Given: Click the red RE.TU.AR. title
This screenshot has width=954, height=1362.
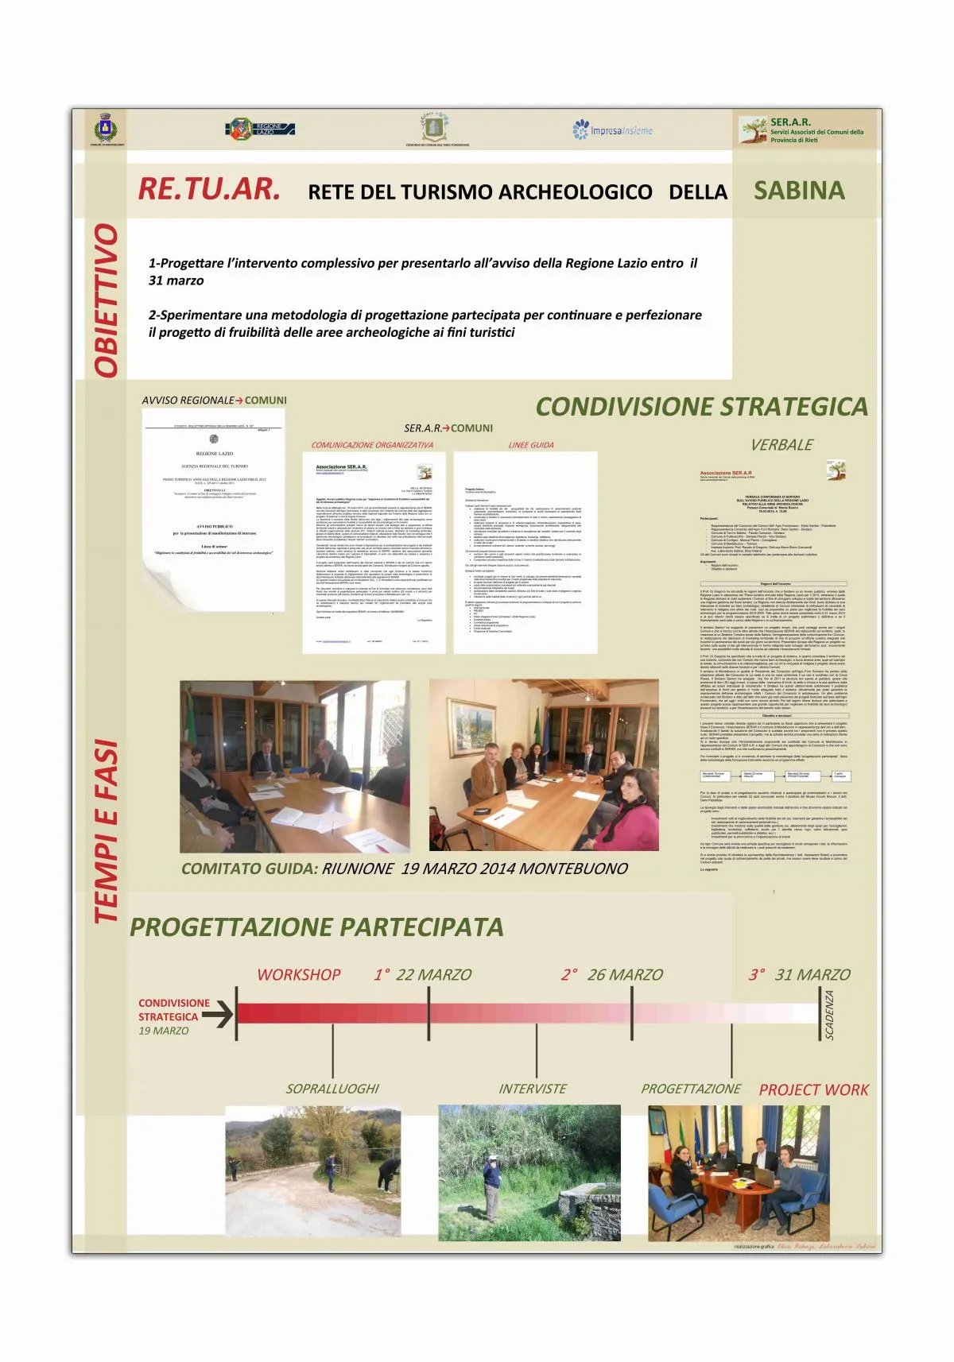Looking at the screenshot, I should click(209, 189).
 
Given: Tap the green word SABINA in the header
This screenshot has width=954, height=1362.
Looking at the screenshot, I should click(799, 191).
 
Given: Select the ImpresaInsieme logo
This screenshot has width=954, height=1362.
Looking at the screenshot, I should click(612, 130).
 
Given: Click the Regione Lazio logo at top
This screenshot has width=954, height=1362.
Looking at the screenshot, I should click(260, 129).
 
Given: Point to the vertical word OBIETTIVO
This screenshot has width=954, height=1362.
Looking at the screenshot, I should click(107, 300).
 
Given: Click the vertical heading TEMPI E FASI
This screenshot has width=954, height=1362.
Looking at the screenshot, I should click(107, 831).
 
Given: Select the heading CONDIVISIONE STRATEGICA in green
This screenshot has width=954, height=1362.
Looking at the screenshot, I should click(701, 407).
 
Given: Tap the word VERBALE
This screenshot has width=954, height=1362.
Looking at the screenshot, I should click(781, 445).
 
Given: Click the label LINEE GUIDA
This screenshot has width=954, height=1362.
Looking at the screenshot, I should click(531, 445).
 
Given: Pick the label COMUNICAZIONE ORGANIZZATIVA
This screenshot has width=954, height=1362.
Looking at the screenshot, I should click(372, 445).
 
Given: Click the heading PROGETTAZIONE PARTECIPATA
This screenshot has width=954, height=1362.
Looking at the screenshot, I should click(316, 927).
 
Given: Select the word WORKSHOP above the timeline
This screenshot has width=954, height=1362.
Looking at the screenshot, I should click(298, 975).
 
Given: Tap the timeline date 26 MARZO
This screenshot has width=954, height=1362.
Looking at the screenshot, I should click(624, 975).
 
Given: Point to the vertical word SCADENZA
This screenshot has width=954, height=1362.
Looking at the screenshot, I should click(830, 1015).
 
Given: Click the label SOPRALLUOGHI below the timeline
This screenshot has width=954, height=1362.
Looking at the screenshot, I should click(332, 1089).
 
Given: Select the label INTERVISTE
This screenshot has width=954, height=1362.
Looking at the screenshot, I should click(533, 1089).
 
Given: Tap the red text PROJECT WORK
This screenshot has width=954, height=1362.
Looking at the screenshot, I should click(813, 1090).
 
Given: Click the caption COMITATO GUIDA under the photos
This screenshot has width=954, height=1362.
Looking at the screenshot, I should click(249, 869).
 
